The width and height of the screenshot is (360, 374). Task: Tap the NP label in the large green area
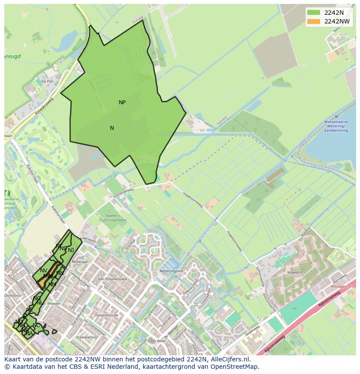(122, 103)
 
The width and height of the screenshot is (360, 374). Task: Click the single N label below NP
(112, 128)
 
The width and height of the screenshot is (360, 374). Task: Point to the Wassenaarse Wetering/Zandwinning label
(336, 126)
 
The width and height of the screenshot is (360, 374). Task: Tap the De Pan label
(47, 81)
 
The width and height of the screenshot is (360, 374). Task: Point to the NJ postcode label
(71, 250)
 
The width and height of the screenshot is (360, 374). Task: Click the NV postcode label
(43, 271)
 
